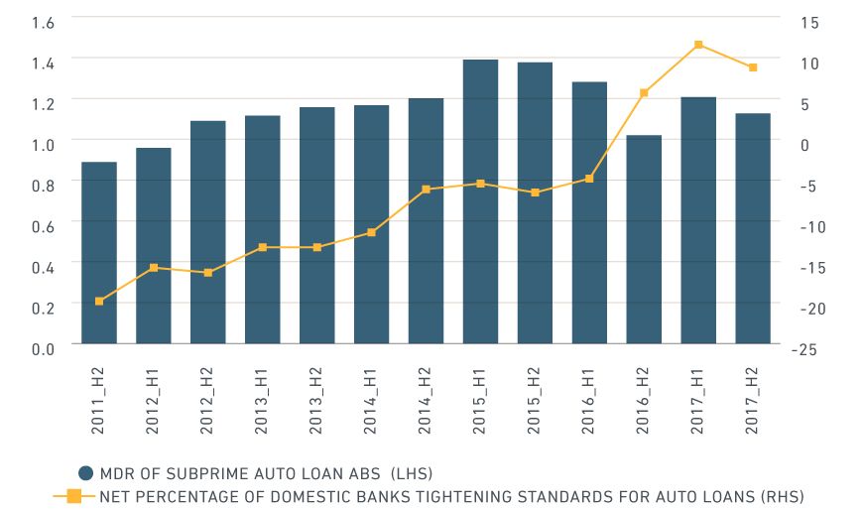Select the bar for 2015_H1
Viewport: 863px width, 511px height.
[480, 202]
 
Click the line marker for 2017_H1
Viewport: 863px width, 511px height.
[698, 45]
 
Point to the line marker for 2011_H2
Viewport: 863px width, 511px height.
[99, 301]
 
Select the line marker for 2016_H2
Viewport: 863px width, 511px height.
[644, 93]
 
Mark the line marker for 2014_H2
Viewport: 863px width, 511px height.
[426, 190]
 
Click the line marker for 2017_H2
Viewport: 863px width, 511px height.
[753, 67]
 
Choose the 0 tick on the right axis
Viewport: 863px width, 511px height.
[803, 144]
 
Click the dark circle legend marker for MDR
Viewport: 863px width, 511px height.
[86, 472]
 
